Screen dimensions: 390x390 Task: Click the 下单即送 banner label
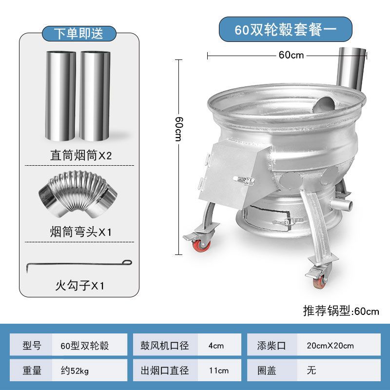[78, 33]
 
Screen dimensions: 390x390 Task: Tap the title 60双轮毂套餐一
[285, 29]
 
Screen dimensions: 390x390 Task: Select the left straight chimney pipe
[61, 95]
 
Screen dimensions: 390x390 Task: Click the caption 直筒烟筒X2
[81, 156]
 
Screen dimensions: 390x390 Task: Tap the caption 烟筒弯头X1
[81, 232]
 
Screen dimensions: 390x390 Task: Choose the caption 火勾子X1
[79, 285]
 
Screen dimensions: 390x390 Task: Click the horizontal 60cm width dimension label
[291, 55]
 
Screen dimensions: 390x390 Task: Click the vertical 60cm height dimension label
[179, 129]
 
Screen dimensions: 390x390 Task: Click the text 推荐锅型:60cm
[341, 311]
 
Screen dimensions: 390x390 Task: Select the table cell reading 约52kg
[90, 370]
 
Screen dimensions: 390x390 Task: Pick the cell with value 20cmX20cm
[331, 346]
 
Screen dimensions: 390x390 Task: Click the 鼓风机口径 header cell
[165, 346]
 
